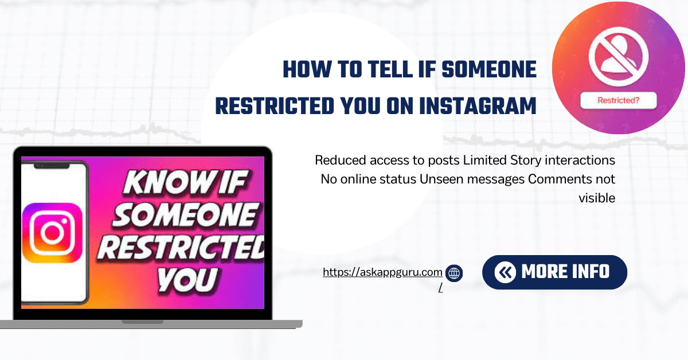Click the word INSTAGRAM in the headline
point(478,105)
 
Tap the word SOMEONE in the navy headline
point(489,69)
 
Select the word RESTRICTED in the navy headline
point(275,105)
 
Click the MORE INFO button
point(555,272)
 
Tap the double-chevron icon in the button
point(505,272)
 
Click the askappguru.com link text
point(382,272)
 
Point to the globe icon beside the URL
point(454,273)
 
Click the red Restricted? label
point(618,100)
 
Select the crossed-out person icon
point(619,57)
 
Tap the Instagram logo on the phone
point(53,233)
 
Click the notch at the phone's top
point(52,166)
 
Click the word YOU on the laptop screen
point(187,279)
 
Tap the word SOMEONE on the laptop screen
point(186,214)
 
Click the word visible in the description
point(597,198)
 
